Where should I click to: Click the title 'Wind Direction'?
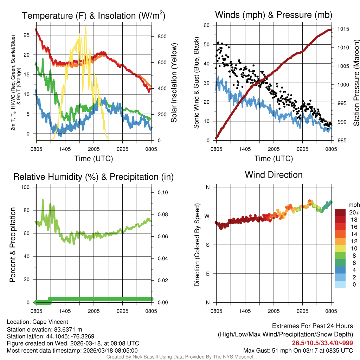tap(274, 175)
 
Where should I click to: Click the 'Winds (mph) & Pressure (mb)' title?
tap(274, 15)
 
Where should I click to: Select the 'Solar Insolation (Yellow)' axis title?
tap(174, 83)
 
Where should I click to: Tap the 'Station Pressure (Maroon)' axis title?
tap(356, 83)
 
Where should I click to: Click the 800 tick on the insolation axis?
tap(160, 36)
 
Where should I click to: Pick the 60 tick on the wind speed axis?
tap(207, 25)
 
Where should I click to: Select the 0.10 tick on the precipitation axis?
tap(161, 193)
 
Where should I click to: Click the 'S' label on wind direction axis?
tap(207, 245)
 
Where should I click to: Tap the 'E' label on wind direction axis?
tap(207, 274)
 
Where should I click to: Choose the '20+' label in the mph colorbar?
tap(354, 212)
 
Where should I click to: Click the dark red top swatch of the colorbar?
tap(340, 212)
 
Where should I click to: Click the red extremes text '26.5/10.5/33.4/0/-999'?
tap(322, 343)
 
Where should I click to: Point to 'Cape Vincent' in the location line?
tap(50, 322)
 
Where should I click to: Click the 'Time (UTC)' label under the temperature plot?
tap(94, 159)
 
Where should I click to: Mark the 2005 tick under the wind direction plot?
tap(274, 311)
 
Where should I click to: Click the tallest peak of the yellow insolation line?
tap(85, 26)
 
